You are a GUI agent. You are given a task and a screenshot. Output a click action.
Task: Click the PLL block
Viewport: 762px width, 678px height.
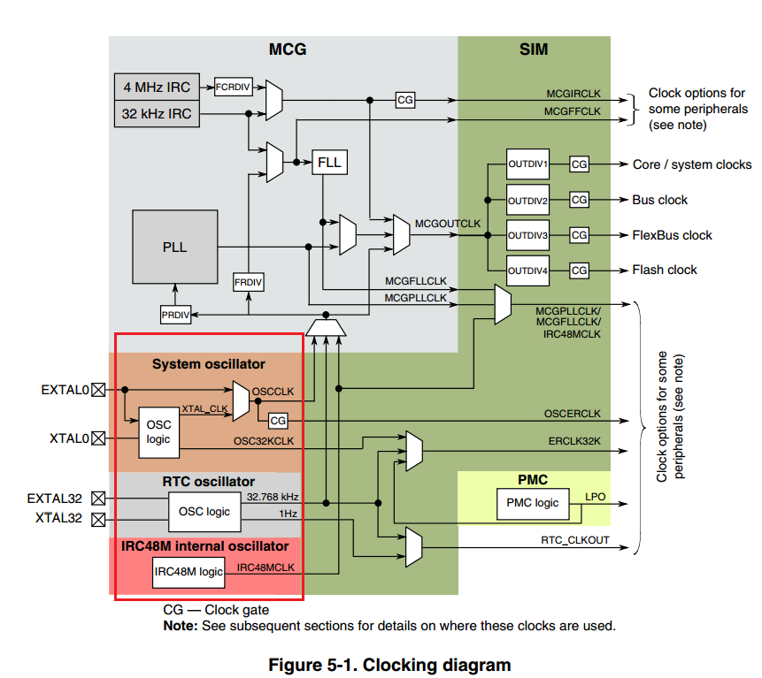[174, 247]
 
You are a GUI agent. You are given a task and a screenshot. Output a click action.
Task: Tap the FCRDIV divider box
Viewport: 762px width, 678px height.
[234, 87]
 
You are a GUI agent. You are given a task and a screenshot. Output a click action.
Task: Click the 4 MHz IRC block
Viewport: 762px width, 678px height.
[158, 88]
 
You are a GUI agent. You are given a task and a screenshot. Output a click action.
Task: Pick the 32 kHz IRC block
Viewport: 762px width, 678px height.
[158, 114]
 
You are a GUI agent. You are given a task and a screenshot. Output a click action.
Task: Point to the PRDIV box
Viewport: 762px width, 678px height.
[176, 315]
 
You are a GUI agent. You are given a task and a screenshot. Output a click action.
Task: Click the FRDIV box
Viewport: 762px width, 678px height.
[249, 282]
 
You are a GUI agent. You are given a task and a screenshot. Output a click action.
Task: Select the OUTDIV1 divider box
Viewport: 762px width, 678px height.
[527, 164]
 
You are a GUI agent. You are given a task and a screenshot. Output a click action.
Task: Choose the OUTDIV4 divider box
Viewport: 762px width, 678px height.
[527, 270]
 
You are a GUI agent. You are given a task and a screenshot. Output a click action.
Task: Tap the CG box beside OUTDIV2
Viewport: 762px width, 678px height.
[579, 200]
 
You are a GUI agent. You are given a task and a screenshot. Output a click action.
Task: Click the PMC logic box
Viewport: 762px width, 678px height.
[533, 503]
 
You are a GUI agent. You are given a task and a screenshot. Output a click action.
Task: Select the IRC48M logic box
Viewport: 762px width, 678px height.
[188, 572]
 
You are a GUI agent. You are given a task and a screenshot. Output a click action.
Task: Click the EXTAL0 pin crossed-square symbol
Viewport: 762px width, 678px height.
[98, 388]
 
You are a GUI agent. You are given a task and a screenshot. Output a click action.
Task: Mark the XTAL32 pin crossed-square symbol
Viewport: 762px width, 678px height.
[98, 519]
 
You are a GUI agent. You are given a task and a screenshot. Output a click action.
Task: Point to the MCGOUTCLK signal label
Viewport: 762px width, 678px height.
[448, 223]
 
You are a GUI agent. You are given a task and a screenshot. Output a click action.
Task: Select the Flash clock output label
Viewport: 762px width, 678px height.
[664, 270]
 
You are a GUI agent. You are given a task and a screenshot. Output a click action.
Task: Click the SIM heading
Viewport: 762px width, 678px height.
[533, 50]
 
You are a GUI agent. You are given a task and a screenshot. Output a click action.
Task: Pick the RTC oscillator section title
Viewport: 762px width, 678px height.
[208, 482]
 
